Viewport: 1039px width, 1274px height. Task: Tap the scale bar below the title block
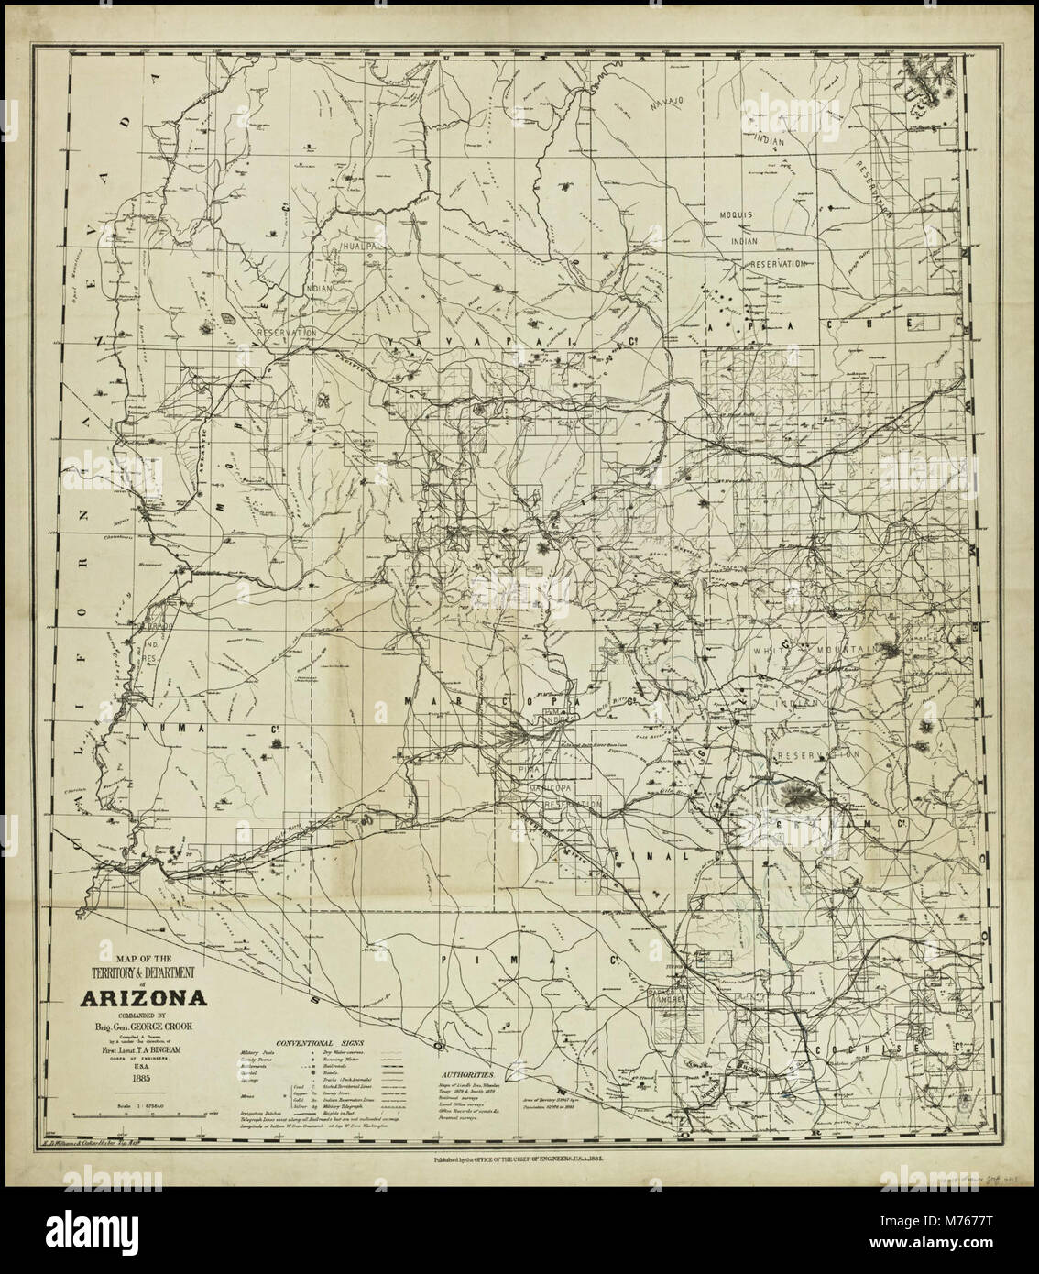137,1113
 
